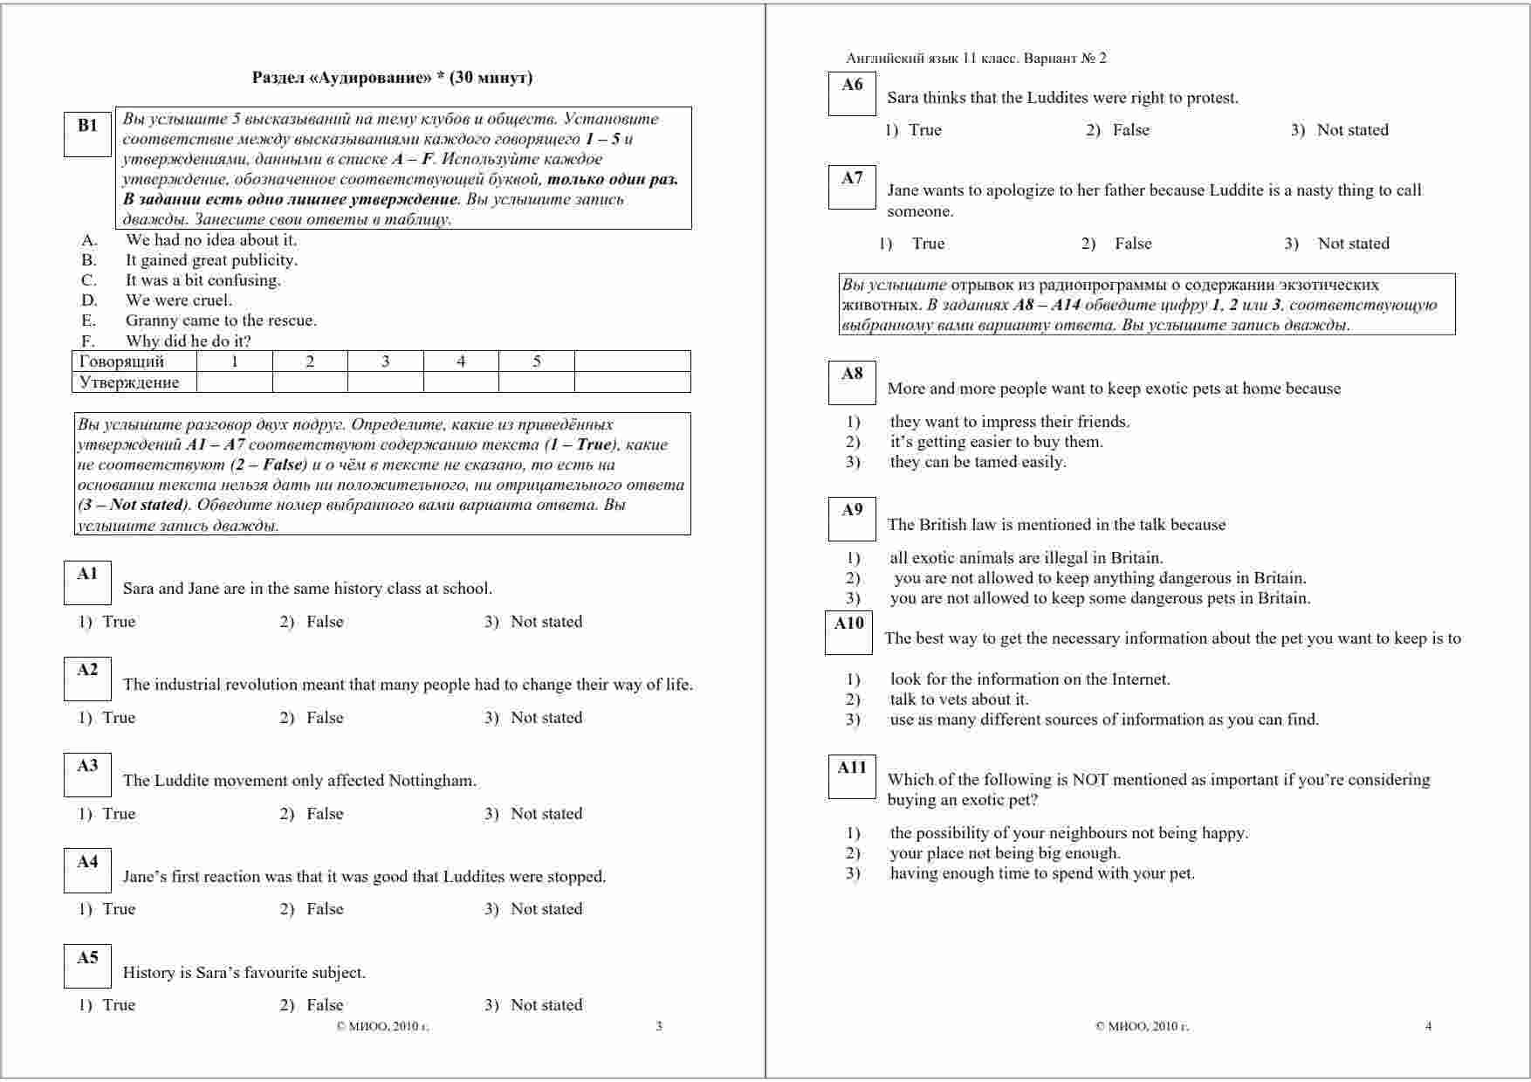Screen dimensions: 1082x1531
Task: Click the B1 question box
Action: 87,134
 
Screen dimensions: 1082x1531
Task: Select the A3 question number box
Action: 87,775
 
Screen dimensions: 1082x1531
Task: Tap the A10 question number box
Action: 848,632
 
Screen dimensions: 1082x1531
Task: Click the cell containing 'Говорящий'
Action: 121,362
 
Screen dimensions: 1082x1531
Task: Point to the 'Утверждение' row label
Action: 128,382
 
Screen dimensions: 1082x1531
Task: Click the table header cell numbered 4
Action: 461,362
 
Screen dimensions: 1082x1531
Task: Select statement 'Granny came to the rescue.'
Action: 221,320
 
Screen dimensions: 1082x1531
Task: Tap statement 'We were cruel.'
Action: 179,300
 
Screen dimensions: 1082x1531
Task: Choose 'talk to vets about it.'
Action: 959,700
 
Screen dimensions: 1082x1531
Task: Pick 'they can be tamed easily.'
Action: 978,462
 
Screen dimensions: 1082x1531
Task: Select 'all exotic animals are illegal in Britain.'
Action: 1026,558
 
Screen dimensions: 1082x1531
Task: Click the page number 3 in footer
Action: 659,1026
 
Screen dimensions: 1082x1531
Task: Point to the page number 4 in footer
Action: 1428,1026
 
